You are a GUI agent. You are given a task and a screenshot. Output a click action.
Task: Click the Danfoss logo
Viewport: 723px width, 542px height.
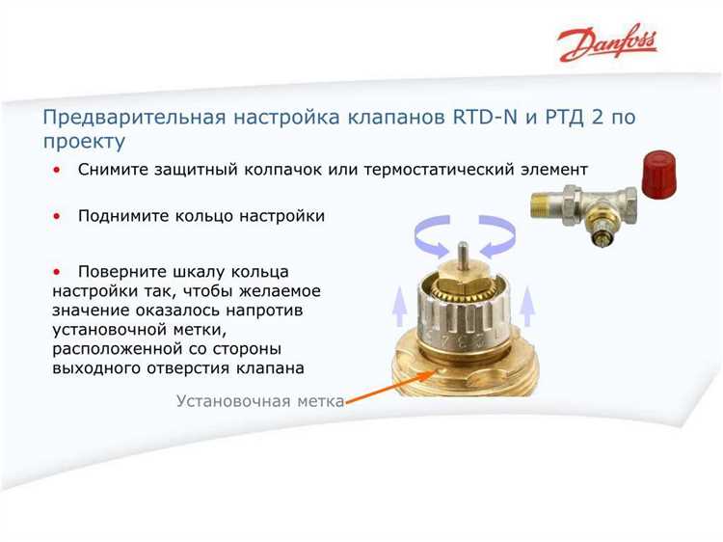[x=607, y=43]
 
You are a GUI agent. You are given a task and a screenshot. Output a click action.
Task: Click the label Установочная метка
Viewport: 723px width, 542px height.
[x=260, y=400]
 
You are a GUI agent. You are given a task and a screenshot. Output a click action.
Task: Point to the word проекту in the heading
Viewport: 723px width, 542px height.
[x=84, y=143]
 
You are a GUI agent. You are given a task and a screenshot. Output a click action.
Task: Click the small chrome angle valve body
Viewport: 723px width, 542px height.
[x=578, y=204]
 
